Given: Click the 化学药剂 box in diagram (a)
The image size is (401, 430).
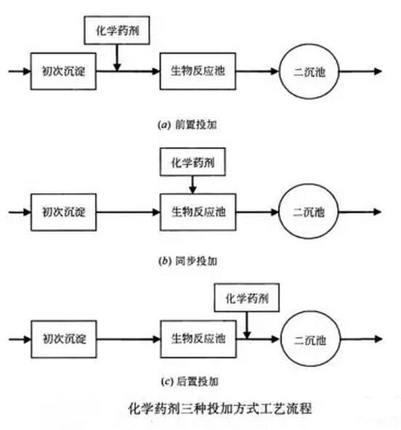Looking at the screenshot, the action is tap(117, 31).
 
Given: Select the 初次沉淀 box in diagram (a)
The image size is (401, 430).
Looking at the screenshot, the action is tap(63, 71).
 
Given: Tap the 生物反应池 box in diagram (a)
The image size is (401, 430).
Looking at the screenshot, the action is tap(198, 71).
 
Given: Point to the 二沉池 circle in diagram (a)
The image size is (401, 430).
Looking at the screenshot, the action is tap(309, 72).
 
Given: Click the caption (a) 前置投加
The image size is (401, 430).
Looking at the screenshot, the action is tap(187, 125).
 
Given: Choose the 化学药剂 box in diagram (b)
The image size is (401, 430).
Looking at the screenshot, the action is tap(193, 162).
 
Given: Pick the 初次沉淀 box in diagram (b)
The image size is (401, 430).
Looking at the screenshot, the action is tap(64, 212).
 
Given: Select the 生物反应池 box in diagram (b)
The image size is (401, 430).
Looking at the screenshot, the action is tap(198, 212).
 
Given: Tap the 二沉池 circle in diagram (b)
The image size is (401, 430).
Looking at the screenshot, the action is tap(309, 211).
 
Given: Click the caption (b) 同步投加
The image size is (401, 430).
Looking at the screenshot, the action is tap(188, 261).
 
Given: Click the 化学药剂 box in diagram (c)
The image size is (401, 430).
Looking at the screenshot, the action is tap(247, 298).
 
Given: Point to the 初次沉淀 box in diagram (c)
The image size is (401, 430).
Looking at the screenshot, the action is tap(64, 339).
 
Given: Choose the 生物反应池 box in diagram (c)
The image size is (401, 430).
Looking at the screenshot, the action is tap(198, 339).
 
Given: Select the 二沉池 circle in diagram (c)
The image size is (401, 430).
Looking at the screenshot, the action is tap(310, 339).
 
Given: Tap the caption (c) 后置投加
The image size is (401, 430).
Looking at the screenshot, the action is tap(190, 381).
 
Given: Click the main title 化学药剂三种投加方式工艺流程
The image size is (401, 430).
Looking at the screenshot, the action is tap(220, 409).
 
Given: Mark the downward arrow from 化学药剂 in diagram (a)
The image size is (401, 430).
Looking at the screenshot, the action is tap(117, 57).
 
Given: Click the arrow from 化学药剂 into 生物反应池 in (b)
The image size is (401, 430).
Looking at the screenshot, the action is tap(193, 184).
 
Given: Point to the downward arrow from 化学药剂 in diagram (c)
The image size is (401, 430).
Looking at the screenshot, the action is tap(247, 325).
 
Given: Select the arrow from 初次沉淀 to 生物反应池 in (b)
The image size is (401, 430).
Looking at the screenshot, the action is tap(128, 212).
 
